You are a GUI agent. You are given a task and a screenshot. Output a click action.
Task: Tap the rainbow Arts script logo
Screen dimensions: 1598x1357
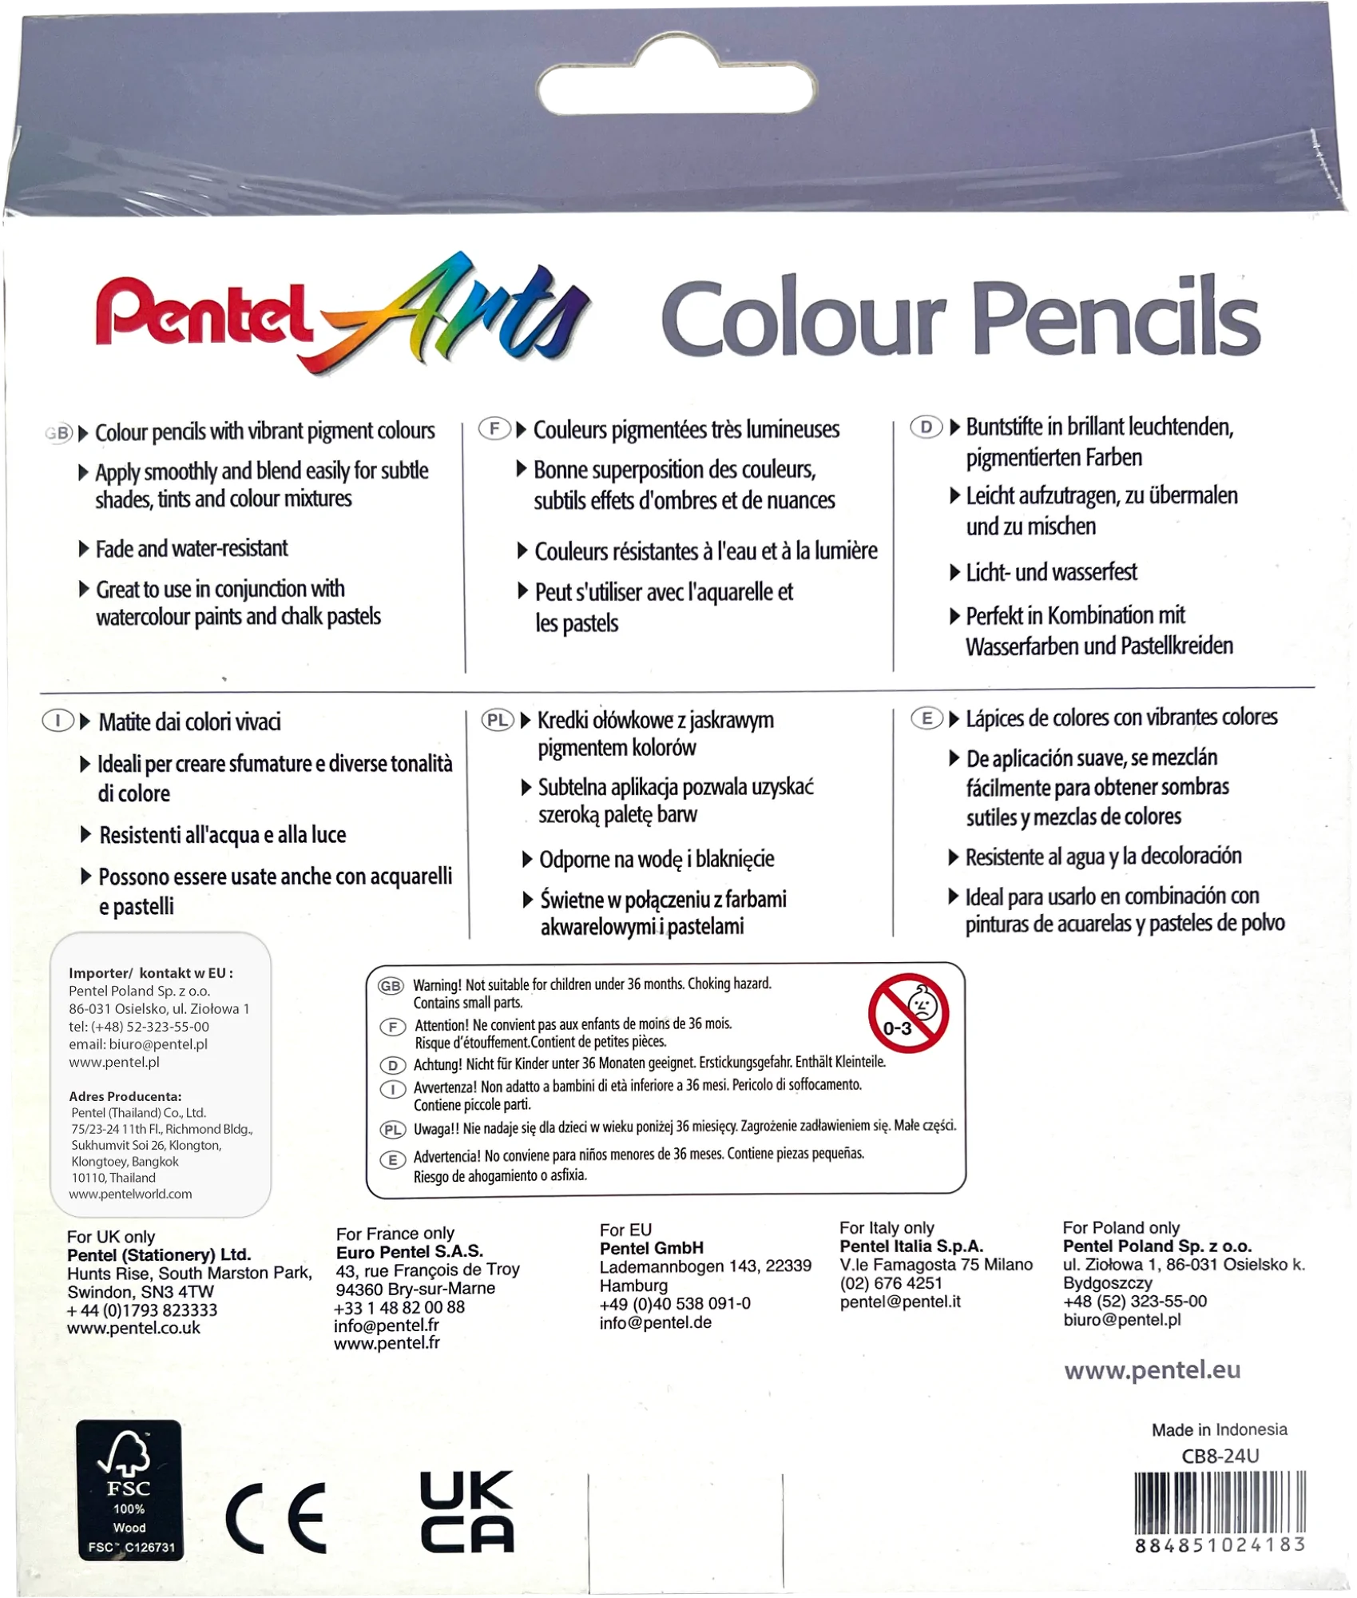(463, 312)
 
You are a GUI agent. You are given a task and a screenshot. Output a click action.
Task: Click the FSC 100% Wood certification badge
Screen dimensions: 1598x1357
(129, 1501)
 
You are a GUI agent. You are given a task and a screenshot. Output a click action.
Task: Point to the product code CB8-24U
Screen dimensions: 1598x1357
(1220, 1456)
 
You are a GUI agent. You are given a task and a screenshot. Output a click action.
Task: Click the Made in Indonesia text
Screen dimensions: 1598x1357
(1219, 1429)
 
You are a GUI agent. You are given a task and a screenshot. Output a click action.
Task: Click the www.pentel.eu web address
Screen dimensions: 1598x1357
(1152, 1370)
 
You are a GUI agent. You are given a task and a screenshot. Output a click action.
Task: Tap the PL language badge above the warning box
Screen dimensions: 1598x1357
(497, 721)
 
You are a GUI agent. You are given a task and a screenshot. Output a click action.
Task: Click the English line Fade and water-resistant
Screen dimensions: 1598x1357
(192, 549)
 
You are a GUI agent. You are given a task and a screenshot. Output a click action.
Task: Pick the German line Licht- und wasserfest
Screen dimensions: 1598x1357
(1051, 572)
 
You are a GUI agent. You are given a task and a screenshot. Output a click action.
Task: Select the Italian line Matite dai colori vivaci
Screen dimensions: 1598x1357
(189, 722)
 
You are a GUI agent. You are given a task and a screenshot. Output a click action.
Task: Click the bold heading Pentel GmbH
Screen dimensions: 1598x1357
(651, 1248)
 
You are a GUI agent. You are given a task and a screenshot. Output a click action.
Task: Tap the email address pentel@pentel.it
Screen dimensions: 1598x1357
(899, 1302)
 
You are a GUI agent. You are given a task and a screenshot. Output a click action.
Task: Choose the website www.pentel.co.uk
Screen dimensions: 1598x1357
(133, 1328)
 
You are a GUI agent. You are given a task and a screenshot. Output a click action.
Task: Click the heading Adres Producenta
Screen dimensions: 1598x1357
(125, 1096)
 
